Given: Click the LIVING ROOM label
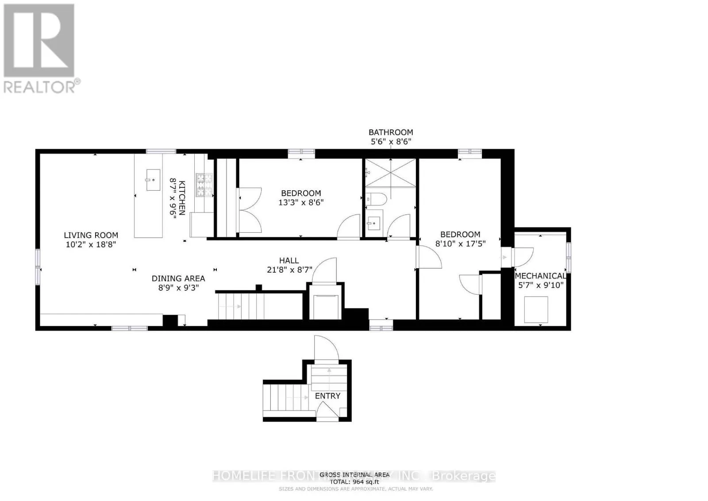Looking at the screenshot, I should (x=91, y=235).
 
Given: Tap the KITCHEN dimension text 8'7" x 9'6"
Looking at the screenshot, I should (x=173, y=197).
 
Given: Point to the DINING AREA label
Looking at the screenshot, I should (x=178, y=278).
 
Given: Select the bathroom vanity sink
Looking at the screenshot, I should (x=374, y=222).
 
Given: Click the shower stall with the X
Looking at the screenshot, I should (x=391, y=173).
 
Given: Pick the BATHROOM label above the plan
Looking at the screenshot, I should (x=391, y=132).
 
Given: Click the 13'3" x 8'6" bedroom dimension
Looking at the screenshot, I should (x=301, y=202).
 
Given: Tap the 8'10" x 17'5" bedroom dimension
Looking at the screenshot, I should (x=460, y=243).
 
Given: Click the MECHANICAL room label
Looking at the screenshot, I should (x=540, y=276).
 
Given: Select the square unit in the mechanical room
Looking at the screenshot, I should (x=536, y=309).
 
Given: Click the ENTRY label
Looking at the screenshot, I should (x=327, y=396).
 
